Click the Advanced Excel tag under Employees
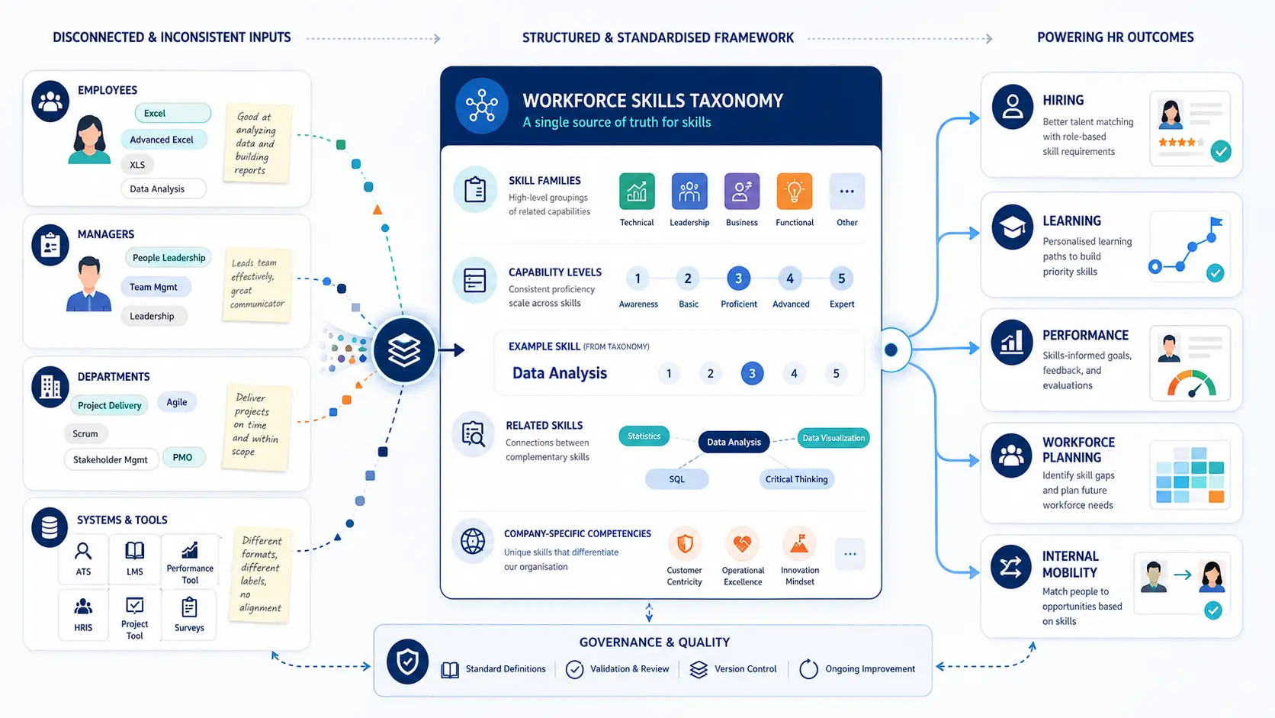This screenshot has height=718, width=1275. point(163,140)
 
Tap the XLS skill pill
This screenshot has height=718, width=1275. point(137,165)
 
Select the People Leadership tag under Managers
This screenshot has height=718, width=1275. point(169,257)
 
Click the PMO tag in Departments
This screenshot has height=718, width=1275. point(183,457)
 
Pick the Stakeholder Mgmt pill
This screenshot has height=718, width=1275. point(111,459)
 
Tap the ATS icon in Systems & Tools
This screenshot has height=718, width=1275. point(83,551)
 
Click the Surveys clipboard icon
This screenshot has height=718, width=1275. point(189,607)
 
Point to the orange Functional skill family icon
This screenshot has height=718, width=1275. point(794,192)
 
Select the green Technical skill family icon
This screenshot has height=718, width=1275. point(637,192)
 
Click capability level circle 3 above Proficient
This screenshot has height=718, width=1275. point(738,279)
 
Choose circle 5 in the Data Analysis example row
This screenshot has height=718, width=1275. point(837,374)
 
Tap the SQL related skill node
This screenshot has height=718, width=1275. point(677,479)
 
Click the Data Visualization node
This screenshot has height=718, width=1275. point(833,438)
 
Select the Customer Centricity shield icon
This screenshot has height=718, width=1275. point(685,544)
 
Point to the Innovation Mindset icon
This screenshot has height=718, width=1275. point(800,544)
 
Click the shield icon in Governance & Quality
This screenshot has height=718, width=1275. point(407,662)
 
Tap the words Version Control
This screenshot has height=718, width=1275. point(745,669)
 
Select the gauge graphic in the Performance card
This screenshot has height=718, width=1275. point(1191,383)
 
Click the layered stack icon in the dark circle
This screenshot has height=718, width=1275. point(404,349)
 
